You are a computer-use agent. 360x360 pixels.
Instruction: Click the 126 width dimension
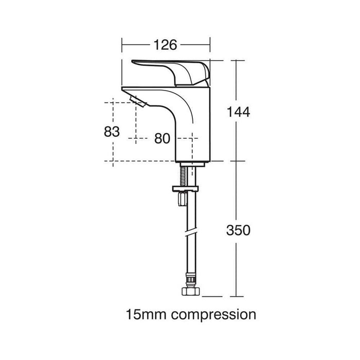coord(166,45)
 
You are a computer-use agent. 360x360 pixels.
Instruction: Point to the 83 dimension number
coord(112,132)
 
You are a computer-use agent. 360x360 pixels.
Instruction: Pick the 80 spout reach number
coord(163,138)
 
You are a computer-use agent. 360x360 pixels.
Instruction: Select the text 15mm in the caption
coord(142,314)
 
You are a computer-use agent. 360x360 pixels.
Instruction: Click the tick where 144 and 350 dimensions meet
coord(236,161)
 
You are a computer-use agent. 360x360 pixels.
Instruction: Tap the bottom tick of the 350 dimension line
coord(236,296)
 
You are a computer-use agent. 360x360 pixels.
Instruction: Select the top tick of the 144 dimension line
coord(236,60)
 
